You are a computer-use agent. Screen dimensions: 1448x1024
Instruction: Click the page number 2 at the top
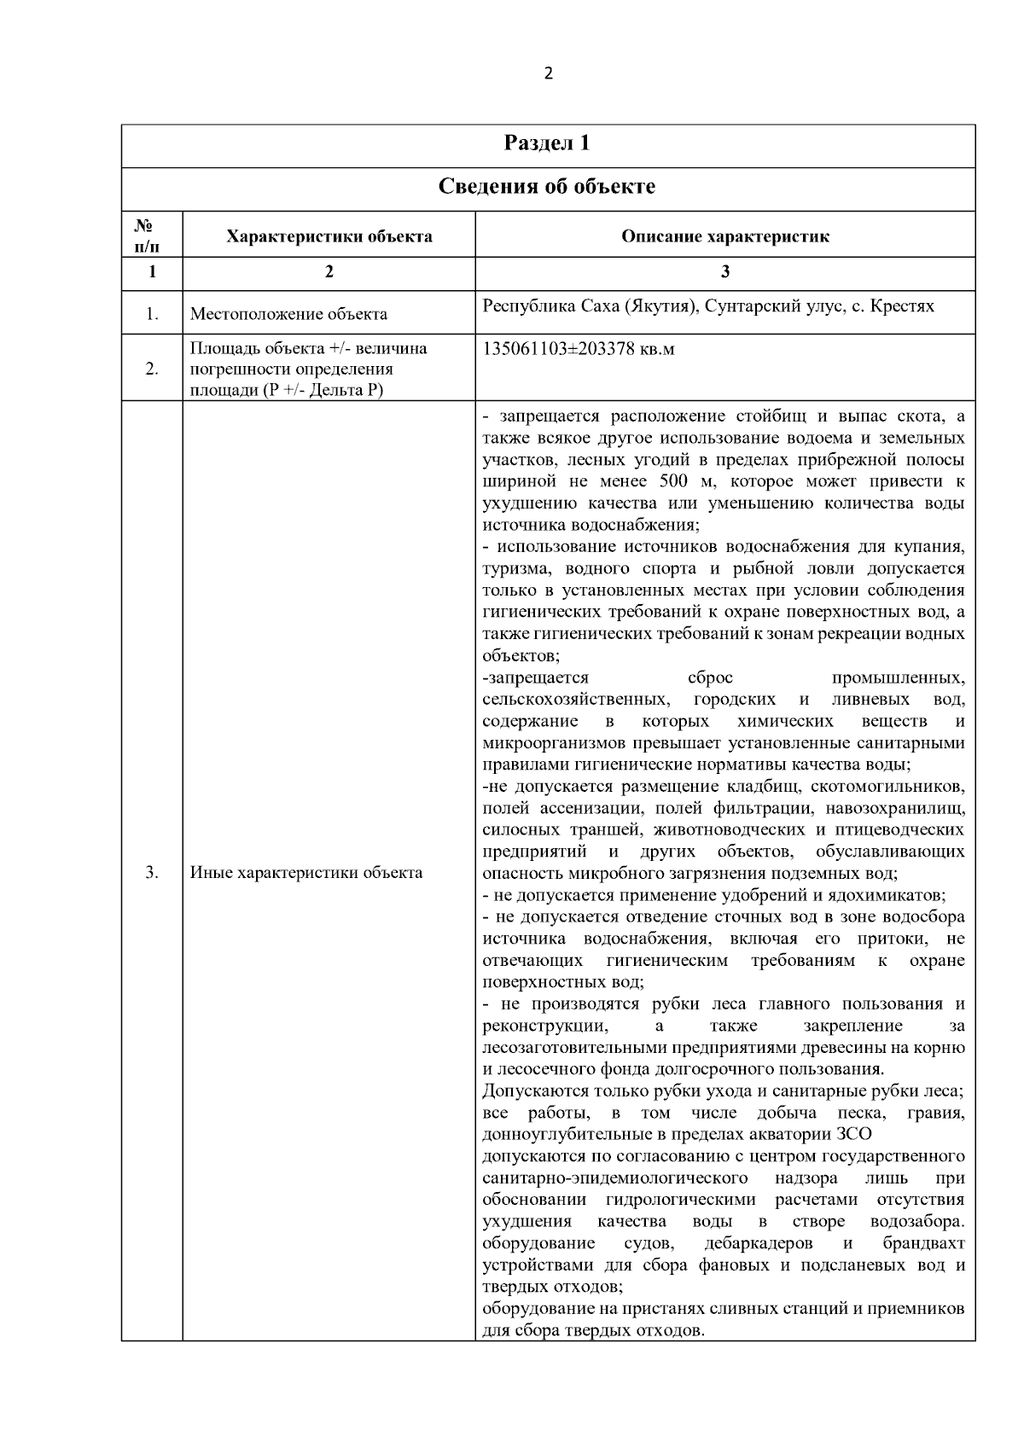tap(548, 73)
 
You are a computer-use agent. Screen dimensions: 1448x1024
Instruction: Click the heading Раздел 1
tap(547, 143)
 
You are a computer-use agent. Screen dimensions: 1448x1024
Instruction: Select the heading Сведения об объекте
tap(547, 186)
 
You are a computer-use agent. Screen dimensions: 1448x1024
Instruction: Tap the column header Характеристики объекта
tap(329, 236)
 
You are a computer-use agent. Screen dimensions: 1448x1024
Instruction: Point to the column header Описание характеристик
tap(724, 236)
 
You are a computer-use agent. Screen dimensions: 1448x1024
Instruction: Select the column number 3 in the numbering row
tap(724, 272)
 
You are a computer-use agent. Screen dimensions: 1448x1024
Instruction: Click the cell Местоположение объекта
tap(288, 314)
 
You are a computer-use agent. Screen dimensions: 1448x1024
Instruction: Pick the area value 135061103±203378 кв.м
tap(579, 350)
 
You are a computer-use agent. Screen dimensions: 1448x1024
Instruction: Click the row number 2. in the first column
tap(152, 369)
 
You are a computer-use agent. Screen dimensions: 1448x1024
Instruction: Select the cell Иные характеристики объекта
tap(305, 873)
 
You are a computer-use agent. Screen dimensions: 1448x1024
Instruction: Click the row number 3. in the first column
tap(152, 873)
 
